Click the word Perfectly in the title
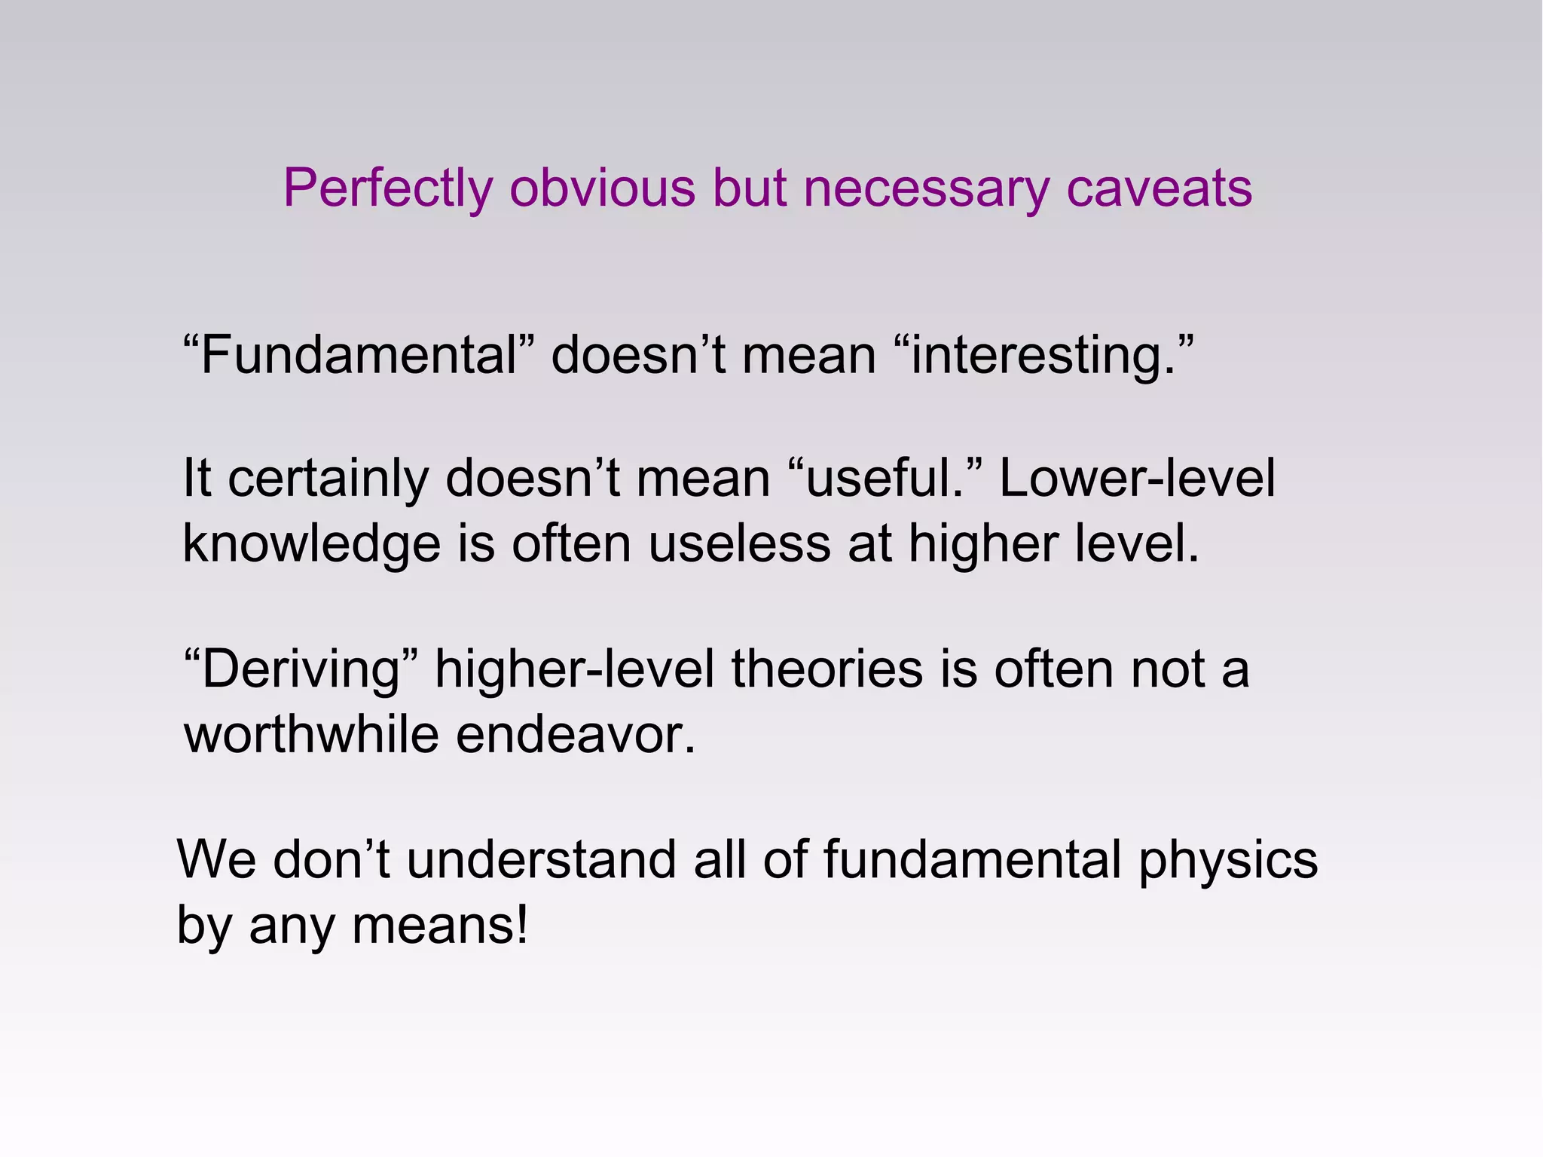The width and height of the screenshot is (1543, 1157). pyautogui.click(x=387, y=188)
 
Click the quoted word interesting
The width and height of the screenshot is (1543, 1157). pyautogui.click(x=1043, y=355)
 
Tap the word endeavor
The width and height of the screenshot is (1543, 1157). pyautogui.click(x=576, y=734)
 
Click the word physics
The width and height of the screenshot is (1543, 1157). pyautogui.click(x=1228, y=861)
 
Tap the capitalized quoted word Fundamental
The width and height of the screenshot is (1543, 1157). pyautogui.click(x=359, y=355)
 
